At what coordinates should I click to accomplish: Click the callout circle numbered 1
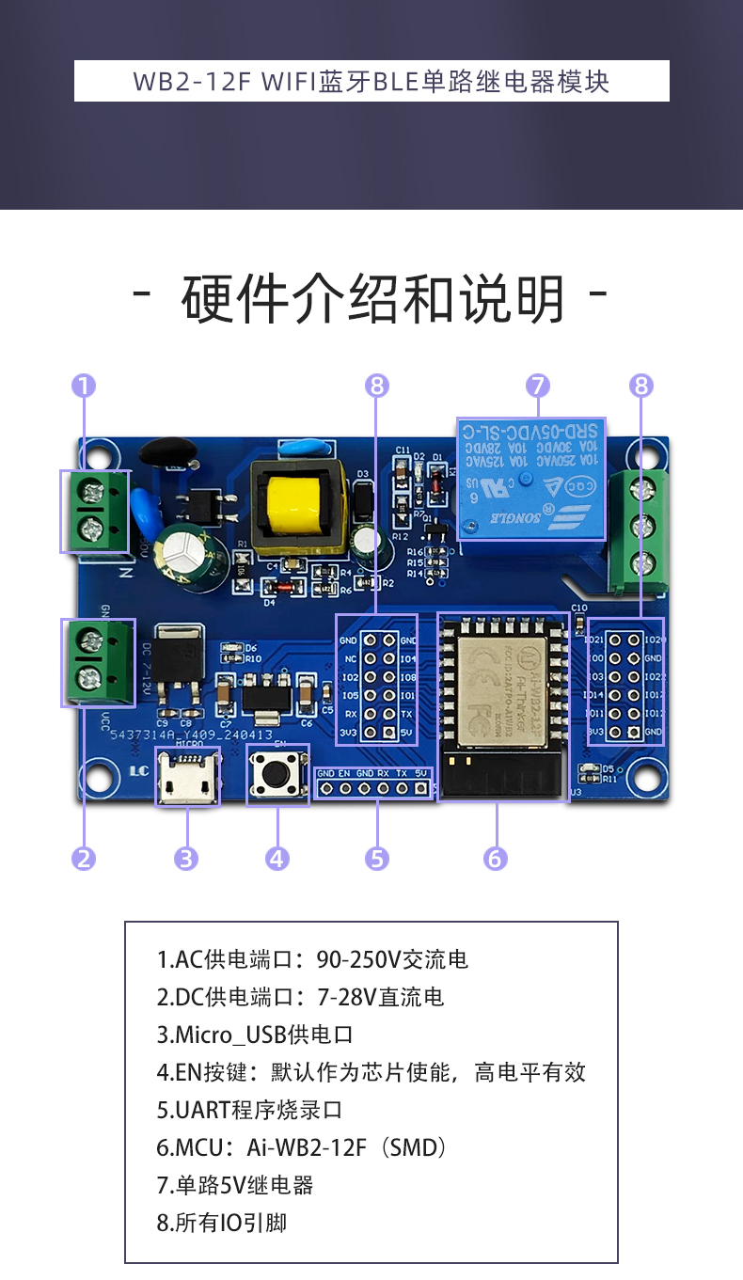pos(84,386)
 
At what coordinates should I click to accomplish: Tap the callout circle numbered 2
pos(84,858)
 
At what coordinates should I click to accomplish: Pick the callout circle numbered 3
pos(186,858)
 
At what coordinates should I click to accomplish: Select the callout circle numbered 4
pos(277,858)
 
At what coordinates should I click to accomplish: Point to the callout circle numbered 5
pos(377,858)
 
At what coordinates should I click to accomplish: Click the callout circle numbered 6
pos(496,858)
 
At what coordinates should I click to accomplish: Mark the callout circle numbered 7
pos(537,386)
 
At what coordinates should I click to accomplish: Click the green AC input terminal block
pos(95,511)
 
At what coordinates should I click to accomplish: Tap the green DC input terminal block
pos(98,662)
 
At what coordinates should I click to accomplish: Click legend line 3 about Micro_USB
pos(255,1035)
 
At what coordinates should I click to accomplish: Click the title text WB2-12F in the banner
pos(192,82)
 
